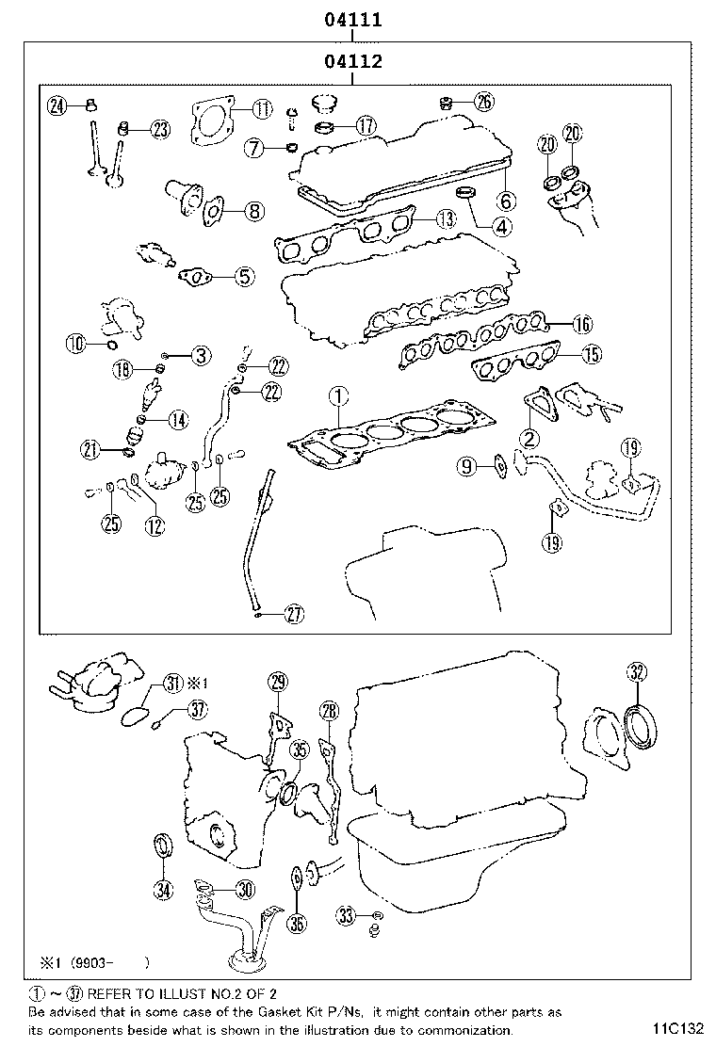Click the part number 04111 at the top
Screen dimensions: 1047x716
[352, 19]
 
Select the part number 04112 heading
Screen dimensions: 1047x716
[352, 63]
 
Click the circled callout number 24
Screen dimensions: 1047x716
[57, 105]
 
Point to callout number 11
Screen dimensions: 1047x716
[261, 110]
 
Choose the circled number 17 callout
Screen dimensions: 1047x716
[364, 123]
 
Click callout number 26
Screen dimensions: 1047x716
[482, 101]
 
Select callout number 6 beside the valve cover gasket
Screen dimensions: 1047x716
[506, 201]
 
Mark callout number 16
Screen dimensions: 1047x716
[581, 325]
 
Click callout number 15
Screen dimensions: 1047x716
[590, 354]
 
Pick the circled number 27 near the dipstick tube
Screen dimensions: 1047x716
[294, 616]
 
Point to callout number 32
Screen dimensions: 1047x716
[637, 671]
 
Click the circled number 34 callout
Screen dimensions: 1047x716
[164, 888]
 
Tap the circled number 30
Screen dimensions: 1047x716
[244, 889]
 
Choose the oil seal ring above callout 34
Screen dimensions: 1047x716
[164, 846]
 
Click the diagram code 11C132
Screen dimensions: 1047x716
[675, 1027]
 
